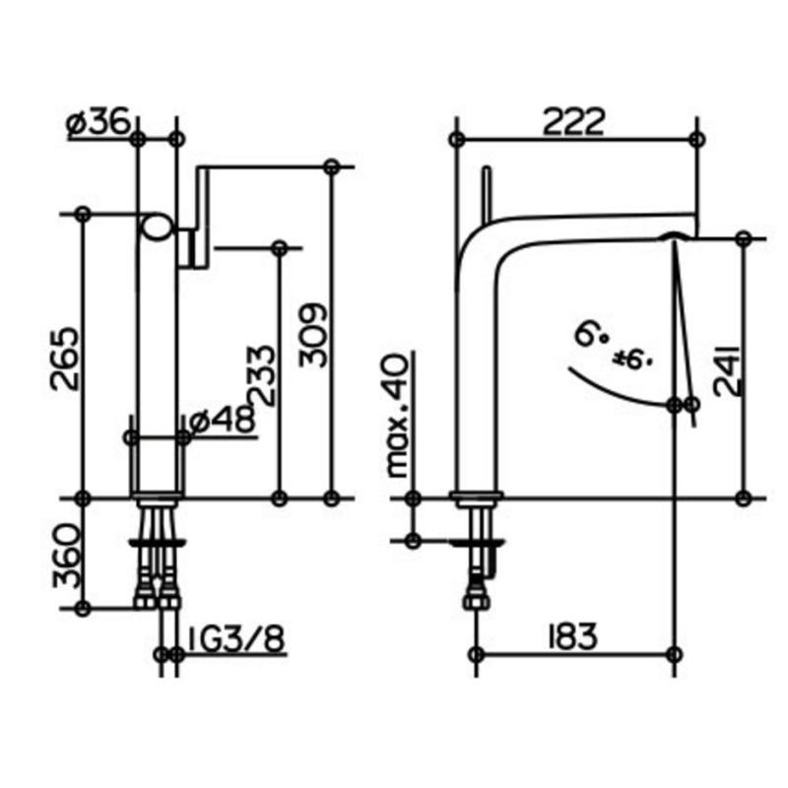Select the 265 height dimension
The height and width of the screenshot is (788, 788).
65,359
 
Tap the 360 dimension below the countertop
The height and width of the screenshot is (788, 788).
67,556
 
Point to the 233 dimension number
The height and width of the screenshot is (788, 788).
262,375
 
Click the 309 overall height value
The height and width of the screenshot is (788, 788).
312,335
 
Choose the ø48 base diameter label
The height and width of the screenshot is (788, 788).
224,420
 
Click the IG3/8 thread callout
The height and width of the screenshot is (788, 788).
236,638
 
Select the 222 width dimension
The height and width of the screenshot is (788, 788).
573,121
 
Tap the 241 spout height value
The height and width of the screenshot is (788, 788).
728,370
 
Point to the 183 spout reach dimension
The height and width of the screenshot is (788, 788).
572,636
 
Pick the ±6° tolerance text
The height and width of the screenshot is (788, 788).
632,359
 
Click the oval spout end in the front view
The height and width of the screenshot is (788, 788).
158,228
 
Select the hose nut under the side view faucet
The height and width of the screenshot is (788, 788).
475,600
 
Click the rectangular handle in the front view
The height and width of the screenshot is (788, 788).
202,216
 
